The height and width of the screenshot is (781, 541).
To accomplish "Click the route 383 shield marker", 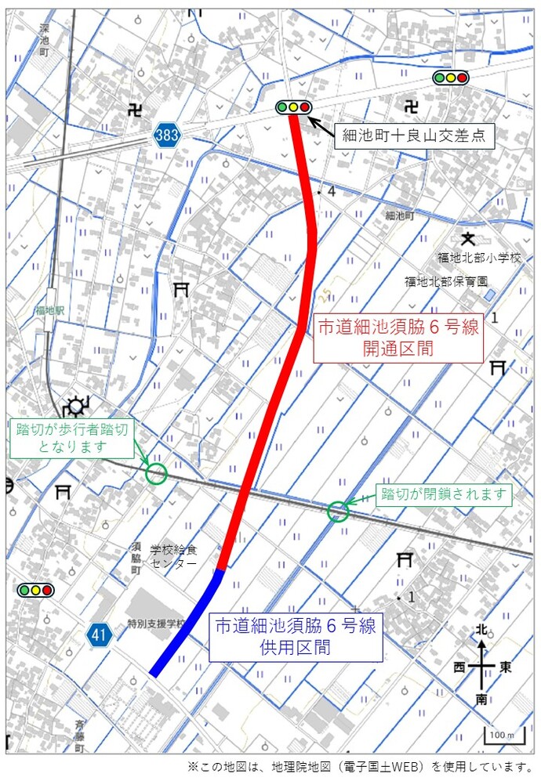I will coord(166,135).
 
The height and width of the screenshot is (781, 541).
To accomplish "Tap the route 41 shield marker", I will coord(99,635).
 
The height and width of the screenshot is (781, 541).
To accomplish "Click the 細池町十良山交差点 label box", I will coord(415,136).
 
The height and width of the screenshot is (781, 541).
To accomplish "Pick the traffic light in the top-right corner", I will coord(451,77).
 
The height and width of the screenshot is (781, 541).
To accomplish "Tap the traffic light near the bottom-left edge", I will coord(35,590).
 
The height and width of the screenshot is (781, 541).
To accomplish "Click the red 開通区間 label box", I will coord(398,338).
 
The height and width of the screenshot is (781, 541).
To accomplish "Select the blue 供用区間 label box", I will coord(296,636).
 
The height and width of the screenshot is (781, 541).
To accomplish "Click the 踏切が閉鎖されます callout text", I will coord(445,494).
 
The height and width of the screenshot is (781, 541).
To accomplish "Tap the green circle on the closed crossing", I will coord(337,512).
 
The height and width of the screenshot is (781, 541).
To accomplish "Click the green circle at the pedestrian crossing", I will coord(156,473).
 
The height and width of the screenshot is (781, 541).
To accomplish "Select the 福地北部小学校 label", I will coord(479,258).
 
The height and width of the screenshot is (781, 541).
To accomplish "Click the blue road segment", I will coord(188,622).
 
